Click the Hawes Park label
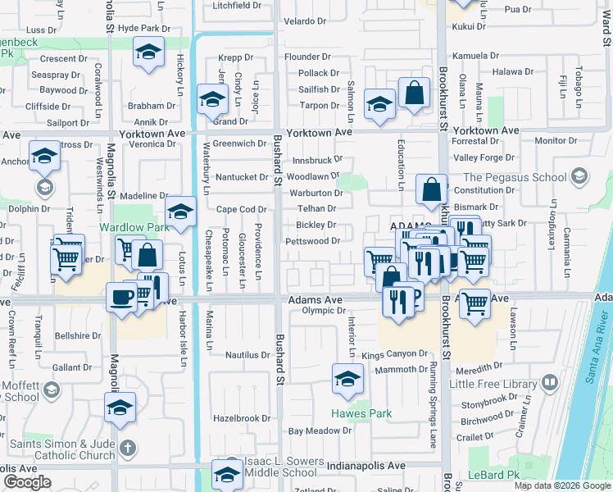[x=361, y=413]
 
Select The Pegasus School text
[x=515, y=177]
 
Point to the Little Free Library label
[x=493, y=383]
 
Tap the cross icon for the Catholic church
[x=125, y=448]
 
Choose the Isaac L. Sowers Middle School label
[x=280, y=467]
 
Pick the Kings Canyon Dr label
[x=395, y=355]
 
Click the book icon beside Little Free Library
[x=550, y=382]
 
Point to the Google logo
[x=27, y=481]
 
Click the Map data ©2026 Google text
[x=562, y=485]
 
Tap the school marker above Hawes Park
[x=347, y=380]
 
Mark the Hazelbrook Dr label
[x=241, y=417]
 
